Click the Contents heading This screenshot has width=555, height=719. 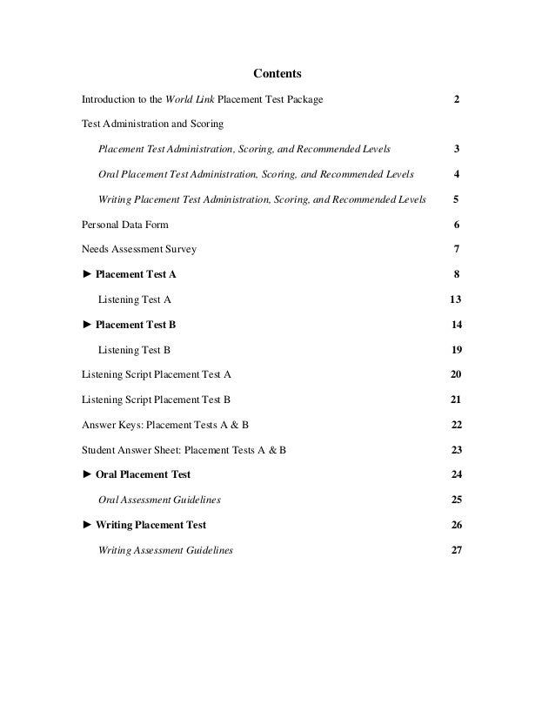click(x=277, y=72)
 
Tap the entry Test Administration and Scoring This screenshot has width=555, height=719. click(x=152, y=124)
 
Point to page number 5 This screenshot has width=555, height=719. click(x=457, y=199)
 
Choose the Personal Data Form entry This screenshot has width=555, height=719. click(x=125, y=225)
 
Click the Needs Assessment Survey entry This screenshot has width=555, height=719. click(x=138, y=249)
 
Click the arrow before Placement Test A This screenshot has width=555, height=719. click(x=86, y=274)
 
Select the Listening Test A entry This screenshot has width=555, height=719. click(x=135, y=299)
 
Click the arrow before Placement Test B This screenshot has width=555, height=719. click(x=86, y=325)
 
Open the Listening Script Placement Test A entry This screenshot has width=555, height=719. click(x=156, y=374)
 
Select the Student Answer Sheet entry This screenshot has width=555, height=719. click(x=184, y=450)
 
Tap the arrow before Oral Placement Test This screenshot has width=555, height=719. click(x=86, y=475)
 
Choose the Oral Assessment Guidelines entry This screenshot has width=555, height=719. click(x=159, y=500)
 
